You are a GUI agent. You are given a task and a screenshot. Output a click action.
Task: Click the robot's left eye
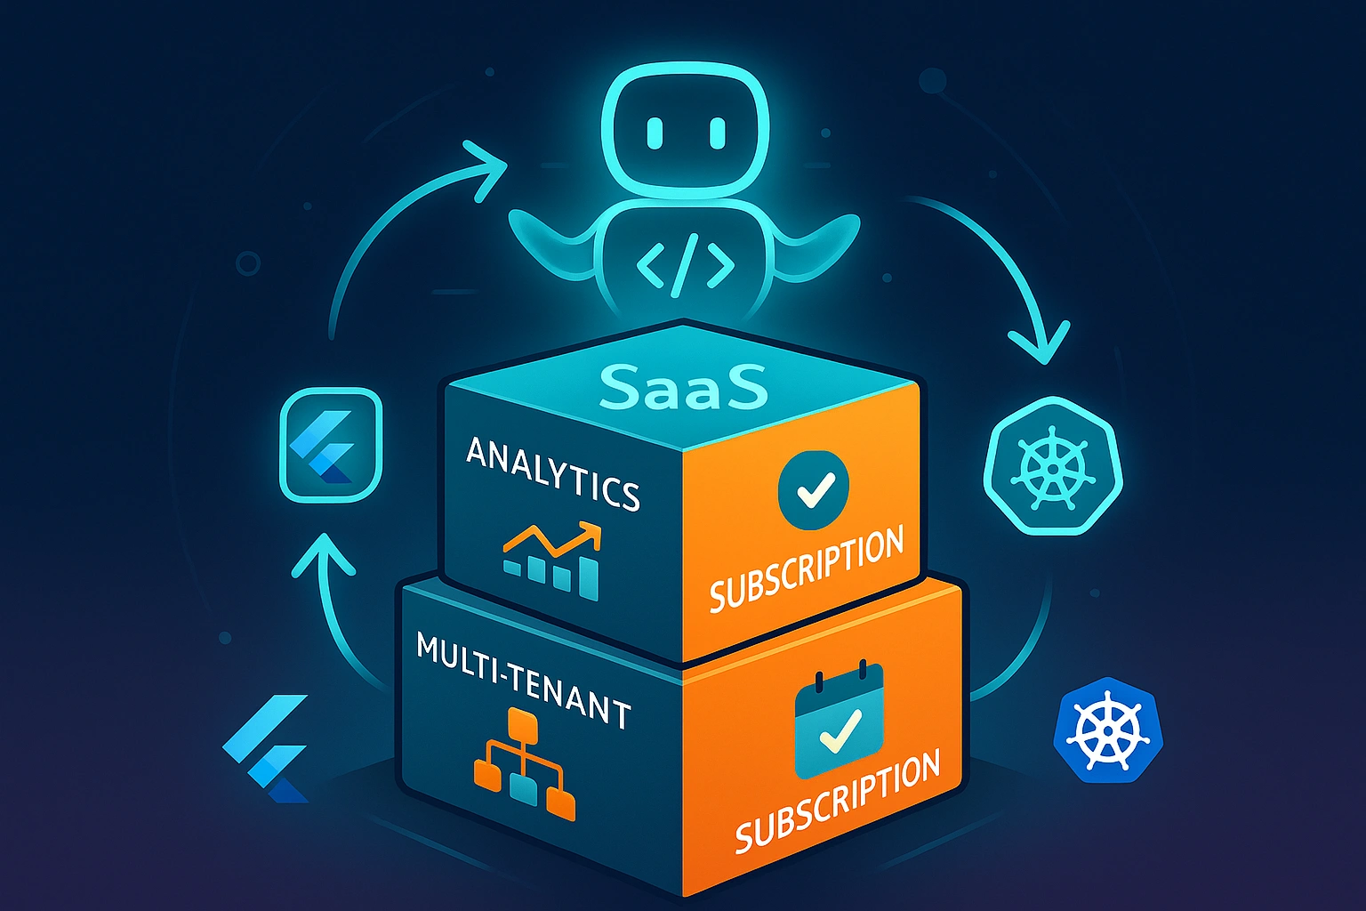click(x=654, y=133)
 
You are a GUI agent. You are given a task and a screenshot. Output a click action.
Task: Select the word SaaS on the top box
click(x=683, y=385)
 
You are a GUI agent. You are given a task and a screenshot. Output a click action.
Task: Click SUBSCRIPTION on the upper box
click(x=806, y=569)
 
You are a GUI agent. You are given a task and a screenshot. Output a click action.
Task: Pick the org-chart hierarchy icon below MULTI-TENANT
click(x=524, y=764)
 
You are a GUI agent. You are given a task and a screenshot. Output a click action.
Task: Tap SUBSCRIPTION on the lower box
click(x=837, y=800)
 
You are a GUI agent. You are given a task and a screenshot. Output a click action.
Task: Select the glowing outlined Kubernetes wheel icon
click(x=1053, y=465)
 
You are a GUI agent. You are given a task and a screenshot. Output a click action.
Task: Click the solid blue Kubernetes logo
click(x=1107, y=730)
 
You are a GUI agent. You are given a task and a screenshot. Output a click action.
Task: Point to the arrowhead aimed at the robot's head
click(x=485, y=168)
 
